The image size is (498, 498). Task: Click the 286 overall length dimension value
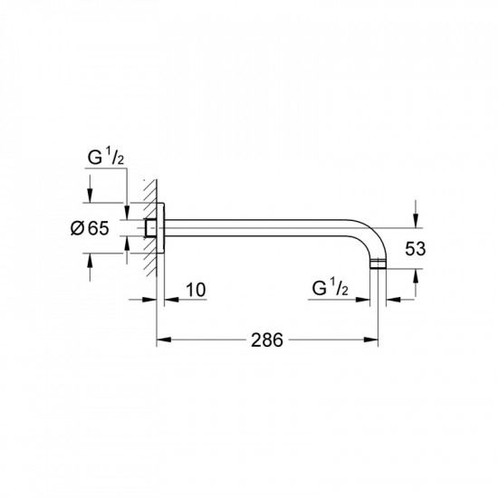267,340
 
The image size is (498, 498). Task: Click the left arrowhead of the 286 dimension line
163,340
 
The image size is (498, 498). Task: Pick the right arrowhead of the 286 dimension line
373,340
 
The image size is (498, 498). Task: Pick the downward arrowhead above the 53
414,220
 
